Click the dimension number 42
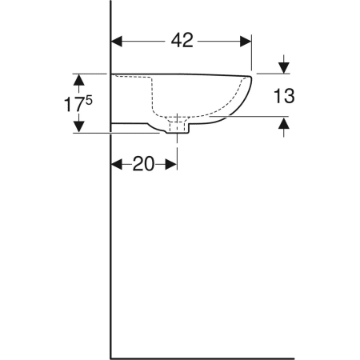click(182, 41)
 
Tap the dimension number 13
click(284, 96)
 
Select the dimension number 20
click(143, 164)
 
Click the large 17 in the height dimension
click(73, 104)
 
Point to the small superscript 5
click(89, 100)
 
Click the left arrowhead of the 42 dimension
click(117, 42)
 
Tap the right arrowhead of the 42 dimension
click(246, 42)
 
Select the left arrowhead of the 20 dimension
click(117, 164)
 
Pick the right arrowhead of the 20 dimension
click(171, 164)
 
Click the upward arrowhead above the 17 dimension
click(78, 80)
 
